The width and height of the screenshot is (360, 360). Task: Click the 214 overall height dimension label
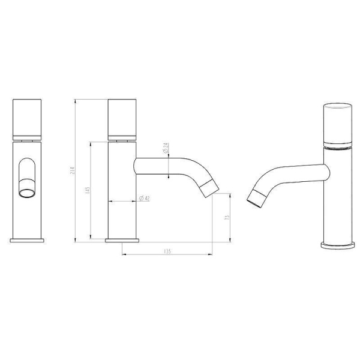pos(71,170)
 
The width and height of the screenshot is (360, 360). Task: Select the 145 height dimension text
pos(87,191)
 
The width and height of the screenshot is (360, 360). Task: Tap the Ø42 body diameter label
pos(145,199)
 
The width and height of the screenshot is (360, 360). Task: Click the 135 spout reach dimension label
pos(167,251)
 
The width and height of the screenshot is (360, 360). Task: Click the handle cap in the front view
pos(27,118)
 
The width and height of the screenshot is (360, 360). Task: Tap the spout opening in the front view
pos(27,192)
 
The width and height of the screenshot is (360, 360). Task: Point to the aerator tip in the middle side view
pos(208,188)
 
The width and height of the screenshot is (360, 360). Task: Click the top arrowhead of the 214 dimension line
pos(75,101)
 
